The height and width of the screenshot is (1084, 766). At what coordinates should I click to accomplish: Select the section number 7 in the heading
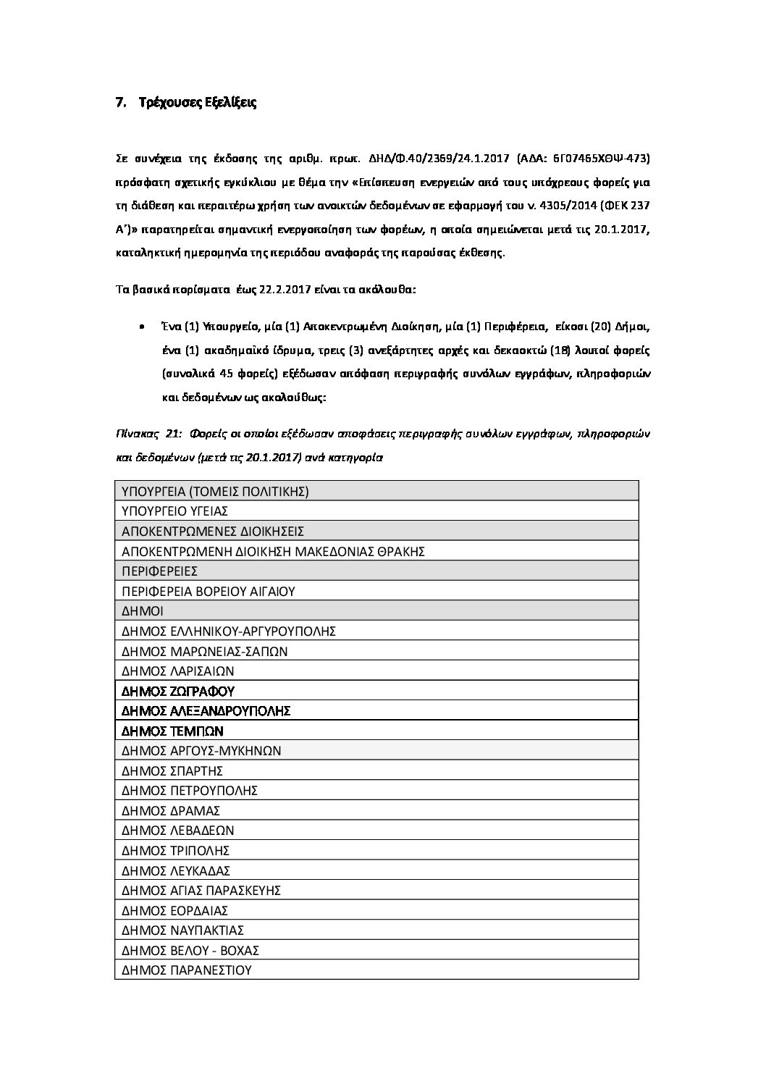119,103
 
